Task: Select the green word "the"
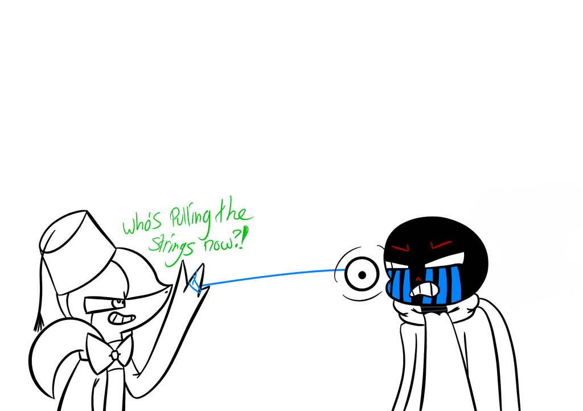[x=236, y=215]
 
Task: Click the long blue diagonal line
[x=268, y=276]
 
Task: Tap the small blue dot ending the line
[x=340, y=269]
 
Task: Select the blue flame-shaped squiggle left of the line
[x=195, y=283]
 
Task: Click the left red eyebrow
[x=400, y=248]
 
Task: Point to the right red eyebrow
[x=441, y=245]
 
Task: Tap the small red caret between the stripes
[x=418, y=279]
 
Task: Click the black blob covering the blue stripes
[x=424, y=292]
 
